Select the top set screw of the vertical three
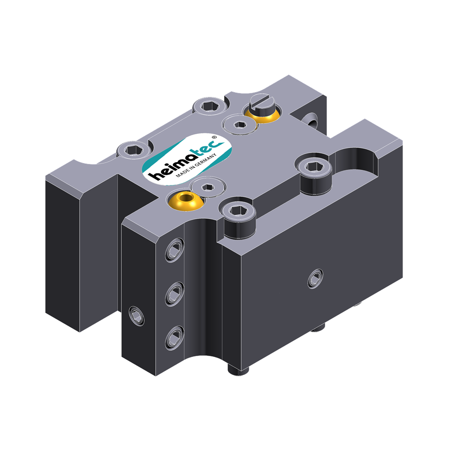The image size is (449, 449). click(174, 252)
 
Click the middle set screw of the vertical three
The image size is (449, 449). click(174, 294)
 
